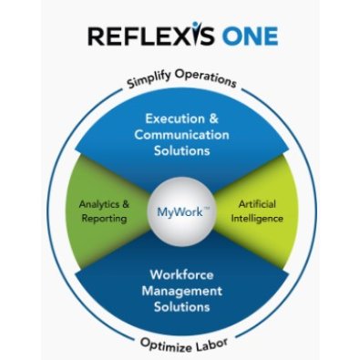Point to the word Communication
pyautogui.click(x=180, y=135)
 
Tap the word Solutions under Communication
pyautogui.click(x=180, y=151)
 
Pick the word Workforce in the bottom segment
pyautogui.click(x=180, y=273)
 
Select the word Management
pyautogui.click(x=180, y=290)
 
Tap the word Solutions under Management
pyautogui.click(x=180, y=306)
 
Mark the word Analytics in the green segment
pyautogui.click(x=91, y=203)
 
